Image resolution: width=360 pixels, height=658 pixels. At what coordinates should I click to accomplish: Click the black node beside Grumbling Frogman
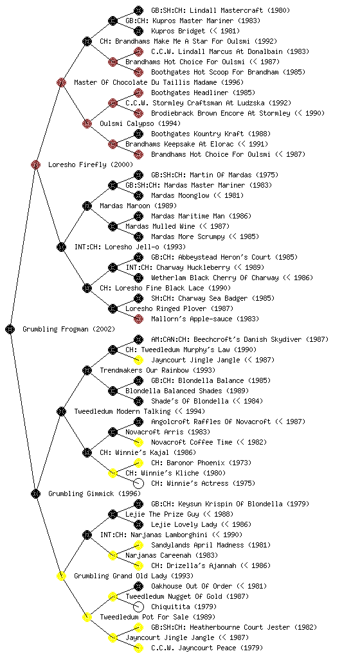click(x=10, y=329)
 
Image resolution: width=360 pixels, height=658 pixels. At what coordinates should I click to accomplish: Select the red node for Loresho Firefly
click(x=35, y=164)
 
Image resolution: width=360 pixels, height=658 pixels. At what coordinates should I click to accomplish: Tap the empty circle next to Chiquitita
click(x=138, y=607)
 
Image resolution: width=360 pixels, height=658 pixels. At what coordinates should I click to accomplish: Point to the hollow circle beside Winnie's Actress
click(x=138, y=483)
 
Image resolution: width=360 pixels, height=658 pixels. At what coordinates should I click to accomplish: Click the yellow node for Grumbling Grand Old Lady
click(x=61, y=576)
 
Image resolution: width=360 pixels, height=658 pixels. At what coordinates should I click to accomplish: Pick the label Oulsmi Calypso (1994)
click(x=140, y=123)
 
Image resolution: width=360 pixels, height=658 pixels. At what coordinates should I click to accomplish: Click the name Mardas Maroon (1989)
click(x=138, y=206)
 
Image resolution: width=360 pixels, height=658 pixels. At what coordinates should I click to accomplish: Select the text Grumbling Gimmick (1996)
click(x=94, y=493)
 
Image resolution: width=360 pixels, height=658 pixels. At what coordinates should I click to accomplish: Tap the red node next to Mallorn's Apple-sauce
click(x=138, y=319)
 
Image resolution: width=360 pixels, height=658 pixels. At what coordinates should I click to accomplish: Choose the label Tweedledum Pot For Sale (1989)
click(x=157, y=617)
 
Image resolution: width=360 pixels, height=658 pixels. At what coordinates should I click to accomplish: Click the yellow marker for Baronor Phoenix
click(x=138, y=463)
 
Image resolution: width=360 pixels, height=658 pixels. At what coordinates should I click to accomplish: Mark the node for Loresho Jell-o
click(x=61, y=247)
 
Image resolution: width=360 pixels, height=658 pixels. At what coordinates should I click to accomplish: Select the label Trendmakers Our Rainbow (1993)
click(x=157, y=370)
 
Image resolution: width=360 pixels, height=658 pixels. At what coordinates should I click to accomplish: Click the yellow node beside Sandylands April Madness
click(x=138, y=545)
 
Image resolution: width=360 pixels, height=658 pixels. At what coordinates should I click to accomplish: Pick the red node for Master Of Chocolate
click(x=61, y=82)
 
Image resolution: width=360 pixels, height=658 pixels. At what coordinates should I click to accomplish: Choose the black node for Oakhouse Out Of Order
click(x=138, y=586)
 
